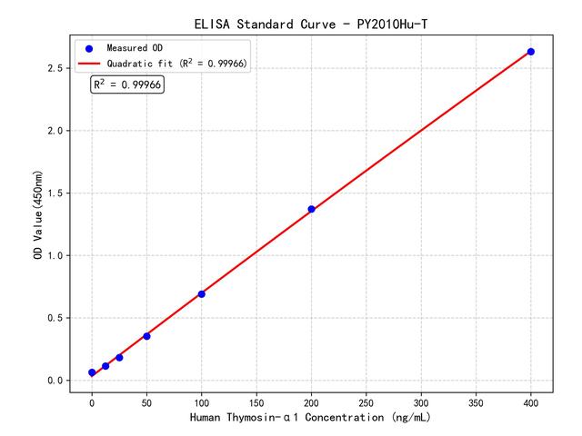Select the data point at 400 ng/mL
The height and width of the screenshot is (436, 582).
(x=531, y=52)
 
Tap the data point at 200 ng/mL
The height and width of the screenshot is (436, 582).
(x=311, y=209)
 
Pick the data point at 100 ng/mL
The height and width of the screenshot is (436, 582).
(x=201, y=293)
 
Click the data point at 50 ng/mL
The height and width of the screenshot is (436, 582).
(x=146, y=336)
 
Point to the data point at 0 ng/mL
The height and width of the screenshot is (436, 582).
(x=92, y=372)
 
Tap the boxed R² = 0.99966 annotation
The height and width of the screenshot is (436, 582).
(x=127, y=84)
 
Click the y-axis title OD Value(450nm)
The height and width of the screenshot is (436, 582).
(x=37, y=213)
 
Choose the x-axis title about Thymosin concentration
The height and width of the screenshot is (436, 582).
(x=310, y=418)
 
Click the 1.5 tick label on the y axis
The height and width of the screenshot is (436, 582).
(x=56, y=193)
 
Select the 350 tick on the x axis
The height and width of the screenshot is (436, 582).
(x=476, y=401)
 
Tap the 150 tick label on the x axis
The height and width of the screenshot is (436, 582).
(x=256, y=401)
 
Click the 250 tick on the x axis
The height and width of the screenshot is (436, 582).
(x=366, y=401)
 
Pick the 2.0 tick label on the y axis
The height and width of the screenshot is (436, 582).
(x=56, y=131)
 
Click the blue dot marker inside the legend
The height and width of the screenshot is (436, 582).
(x=89, y=47)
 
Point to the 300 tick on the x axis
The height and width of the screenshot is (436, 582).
(x=421, y=401)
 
